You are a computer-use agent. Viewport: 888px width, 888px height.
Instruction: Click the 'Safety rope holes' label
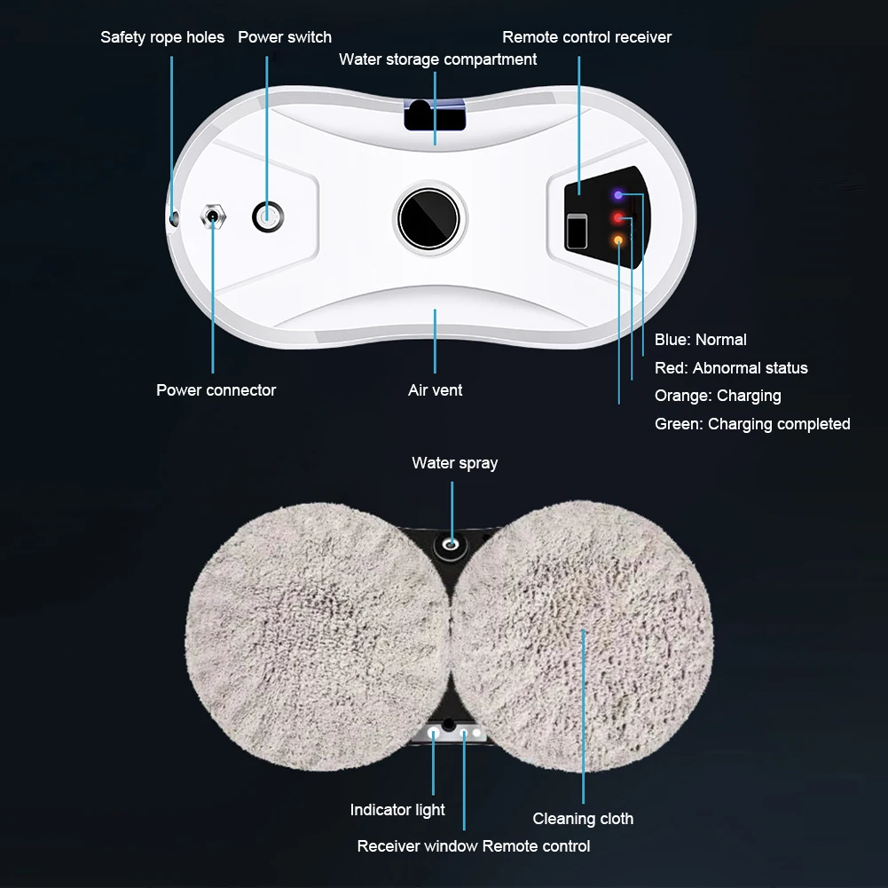[x=162, y=37]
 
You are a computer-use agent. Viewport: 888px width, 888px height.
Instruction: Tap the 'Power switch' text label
[x=284, y=37]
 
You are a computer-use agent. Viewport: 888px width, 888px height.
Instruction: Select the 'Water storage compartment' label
[x=437, y=59]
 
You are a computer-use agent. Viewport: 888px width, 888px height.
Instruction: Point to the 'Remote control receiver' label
[x=586, y=37]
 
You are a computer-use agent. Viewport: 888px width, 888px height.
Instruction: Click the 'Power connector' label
[x=216, y=390]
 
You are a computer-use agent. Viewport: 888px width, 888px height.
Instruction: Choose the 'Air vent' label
[x=435, y=390]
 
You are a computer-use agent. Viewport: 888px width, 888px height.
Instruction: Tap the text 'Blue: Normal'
[x=701, y=340]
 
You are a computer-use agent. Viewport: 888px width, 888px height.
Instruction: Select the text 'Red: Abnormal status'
[x=731, y=368]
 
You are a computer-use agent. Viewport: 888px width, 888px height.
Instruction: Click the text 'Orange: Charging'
[x=718, y=396]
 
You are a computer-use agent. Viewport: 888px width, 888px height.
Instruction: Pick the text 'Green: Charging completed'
[x=752, y=424]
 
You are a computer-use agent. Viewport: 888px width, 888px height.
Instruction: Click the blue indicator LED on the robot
[x=617, y=195]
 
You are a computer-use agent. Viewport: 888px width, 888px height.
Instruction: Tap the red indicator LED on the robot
[x=617, y=218]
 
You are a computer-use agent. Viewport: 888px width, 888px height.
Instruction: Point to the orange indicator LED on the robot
[x=617, y=240]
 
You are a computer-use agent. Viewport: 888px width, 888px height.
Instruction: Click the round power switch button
[x=268, y=216]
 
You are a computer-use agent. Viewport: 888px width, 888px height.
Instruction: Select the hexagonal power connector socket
[x=213, y=216]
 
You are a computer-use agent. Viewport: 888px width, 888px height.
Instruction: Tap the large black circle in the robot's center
[x=428, y=218]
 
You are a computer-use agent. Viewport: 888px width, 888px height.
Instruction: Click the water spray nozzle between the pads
[x=452, y=545]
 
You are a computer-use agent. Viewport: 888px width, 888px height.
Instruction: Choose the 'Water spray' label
[x=455, y=463]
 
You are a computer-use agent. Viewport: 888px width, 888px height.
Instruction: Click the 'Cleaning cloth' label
[x=583, y=819]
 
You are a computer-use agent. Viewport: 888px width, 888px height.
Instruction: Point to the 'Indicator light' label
[x=397, y=810]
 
